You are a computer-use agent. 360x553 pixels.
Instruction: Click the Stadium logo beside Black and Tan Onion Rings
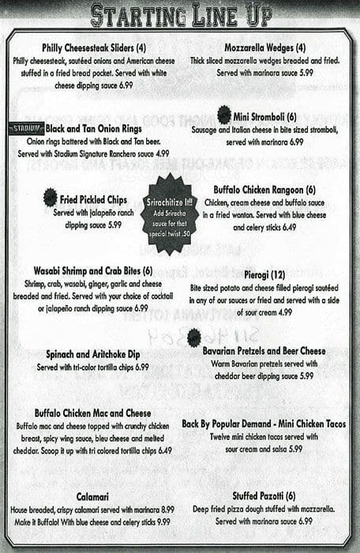[x=25, y=129]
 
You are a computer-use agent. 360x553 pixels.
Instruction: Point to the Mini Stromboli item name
[x=264, y=118]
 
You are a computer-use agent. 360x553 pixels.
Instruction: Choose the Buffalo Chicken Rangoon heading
[x=264, y=190]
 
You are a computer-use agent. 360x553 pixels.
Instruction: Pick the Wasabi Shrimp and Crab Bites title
[x=93, y=271]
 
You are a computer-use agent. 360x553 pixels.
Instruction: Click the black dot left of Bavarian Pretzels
[x=193, y=338]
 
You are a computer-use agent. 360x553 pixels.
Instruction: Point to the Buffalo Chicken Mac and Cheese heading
[x=92, y=412]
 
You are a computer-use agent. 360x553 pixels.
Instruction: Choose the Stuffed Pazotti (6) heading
[x=264, y=495]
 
